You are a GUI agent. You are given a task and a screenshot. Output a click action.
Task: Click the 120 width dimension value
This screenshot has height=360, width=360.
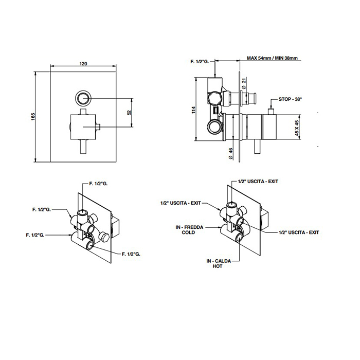tap(83, 64)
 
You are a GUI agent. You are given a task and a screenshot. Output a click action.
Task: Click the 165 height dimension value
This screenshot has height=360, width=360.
tap(33, 117)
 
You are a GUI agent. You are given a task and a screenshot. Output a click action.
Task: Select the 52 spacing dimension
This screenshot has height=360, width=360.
tap(129, 112)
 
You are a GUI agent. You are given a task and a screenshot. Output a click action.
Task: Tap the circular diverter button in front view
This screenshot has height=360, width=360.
tap(83, 98)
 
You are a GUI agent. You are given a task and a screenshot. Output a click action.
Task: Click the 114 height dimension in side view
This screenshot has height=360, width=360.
tap(193, 110)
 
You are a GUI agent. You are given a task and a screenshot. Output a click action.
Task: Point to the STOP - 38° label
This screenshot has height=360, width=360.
tap(290, 99)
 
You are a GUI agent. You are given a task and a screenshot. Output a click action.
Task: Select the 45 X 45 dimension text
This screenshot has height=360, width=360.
tap(297, 128)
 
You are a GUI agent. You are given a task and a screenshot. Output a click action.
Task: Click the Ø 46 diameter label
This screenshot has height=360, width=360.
tap(231, 153)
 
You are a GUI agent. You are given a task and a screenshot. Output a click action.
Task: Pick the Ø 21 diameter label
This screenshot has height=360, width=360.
tap(244, 83)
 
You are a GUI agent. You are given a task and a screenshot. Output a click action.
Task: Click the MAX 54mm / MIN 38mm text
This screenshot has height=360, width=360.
tap(272, 58)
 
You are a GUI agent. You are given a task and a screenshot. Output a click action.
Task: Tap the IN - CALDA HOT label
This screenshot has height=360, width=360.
tap(219, 263)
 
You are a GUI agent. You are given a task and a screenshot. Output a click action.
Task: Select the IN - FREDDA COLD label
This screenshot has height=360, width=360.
tap(189, 230)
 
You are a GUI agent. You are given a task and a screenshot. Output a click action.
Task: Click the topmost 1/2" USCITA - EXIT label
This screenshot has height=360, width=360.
tap(258, 182)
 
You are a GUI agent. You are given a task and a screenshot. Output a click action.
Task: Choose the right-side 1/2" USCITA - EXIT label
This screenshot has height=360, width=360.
tap(299, 232)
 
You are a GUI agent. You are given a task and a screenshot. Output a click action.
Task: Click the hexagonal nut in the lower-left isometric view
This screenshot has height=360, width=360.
tap(105, 237)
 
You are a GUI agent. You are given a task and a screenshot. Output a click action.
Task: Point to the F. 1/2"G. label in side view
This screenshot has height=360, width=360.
tap(200, 62)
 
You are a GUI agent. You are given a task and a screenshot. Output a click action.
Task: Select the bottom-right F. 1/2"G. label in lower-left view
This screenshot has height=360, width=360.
tap(131, 254)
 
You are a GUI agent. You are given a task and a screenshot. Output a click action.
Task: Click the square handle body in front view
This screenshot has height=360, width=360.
tap(83, 127)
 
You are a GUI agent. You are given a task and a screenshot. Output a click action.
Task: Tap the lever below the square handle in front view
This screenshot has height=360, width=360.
tap(83, 147)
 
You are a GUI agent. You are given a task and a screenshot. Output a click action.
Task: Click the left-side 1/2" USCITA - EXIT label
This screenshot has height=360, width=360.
tap(181, 203)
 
